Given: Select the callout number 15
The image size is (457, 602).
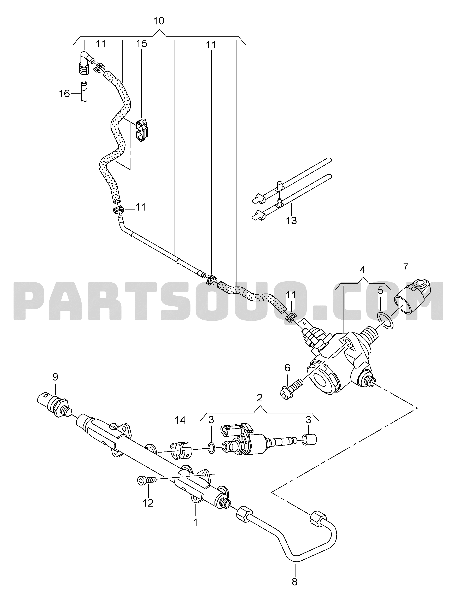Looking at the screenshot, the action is (142, 43).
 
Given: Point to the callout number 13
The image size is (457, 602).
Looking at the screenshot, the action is (291, 220).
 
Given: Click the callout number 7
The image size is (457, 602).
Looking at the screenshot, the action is (406, 267).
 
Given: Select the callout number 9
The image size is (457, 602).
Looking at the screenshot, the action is (55, 377).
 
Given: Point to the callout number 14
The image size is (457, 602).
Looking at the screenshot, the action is (180, 420).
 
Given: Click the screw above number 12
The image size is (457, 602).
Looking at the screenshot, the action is (146, 480).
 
